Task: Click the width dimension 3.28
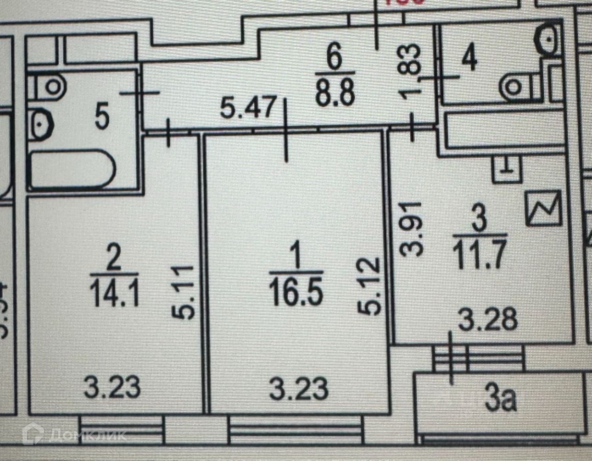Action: point(488,320)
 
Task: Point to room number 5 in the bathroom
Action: point(101,117)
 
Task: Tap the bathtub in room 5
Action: point(71,171)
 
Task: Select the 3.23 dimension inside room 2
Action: point(112,388)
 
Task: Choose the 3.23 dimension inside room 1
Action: point(299,388)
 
